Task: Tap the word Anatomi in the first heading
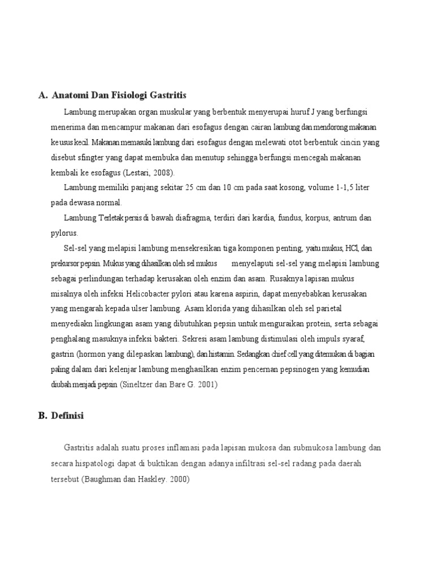[x=70, y=94]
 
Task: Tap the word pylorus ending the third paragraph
[x=64, y=233]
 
